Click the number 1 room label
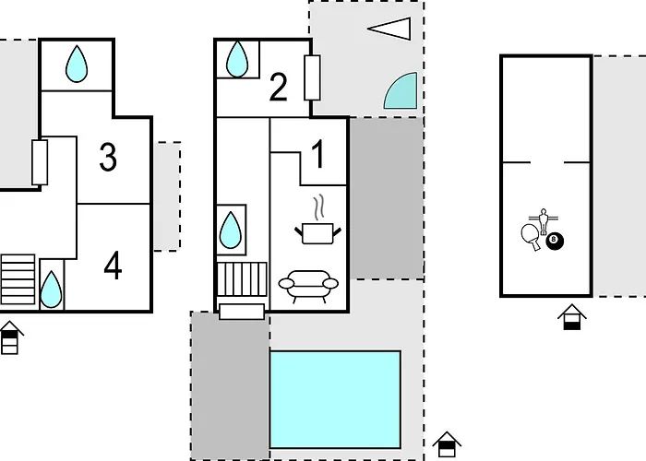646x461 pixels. click(318, 154)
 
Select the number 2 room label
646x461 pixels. click(278, 87)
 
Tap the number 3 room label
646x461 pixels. click(108, 157)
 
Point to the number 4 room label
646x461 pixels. click(113, 266)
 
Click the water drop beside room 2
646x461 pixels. click(237, 59)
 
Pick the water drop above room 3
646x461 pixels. click(77, 64)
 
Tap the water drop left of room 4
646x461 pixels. click(52, 289)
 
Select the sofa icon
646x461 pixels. click(308, 286)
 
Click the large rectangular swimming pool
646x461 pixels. click(335, 399)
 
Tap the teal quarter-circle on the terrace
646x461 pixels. click(401, 90)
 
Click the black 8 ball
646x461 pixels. click(555, 241)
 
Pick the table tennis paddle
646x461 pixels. click(531, 237)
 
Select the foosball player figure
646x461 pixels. click(544, 221)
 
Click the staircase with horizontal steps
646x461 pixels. click(18, 279)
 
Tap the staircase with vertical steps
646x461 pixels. click(242, 279)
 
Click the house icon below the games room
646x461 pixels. click(572, 317)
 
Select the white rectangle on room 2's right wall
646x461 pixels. click(312, 77)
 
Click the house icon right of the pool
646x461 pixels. click(447, 444)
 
